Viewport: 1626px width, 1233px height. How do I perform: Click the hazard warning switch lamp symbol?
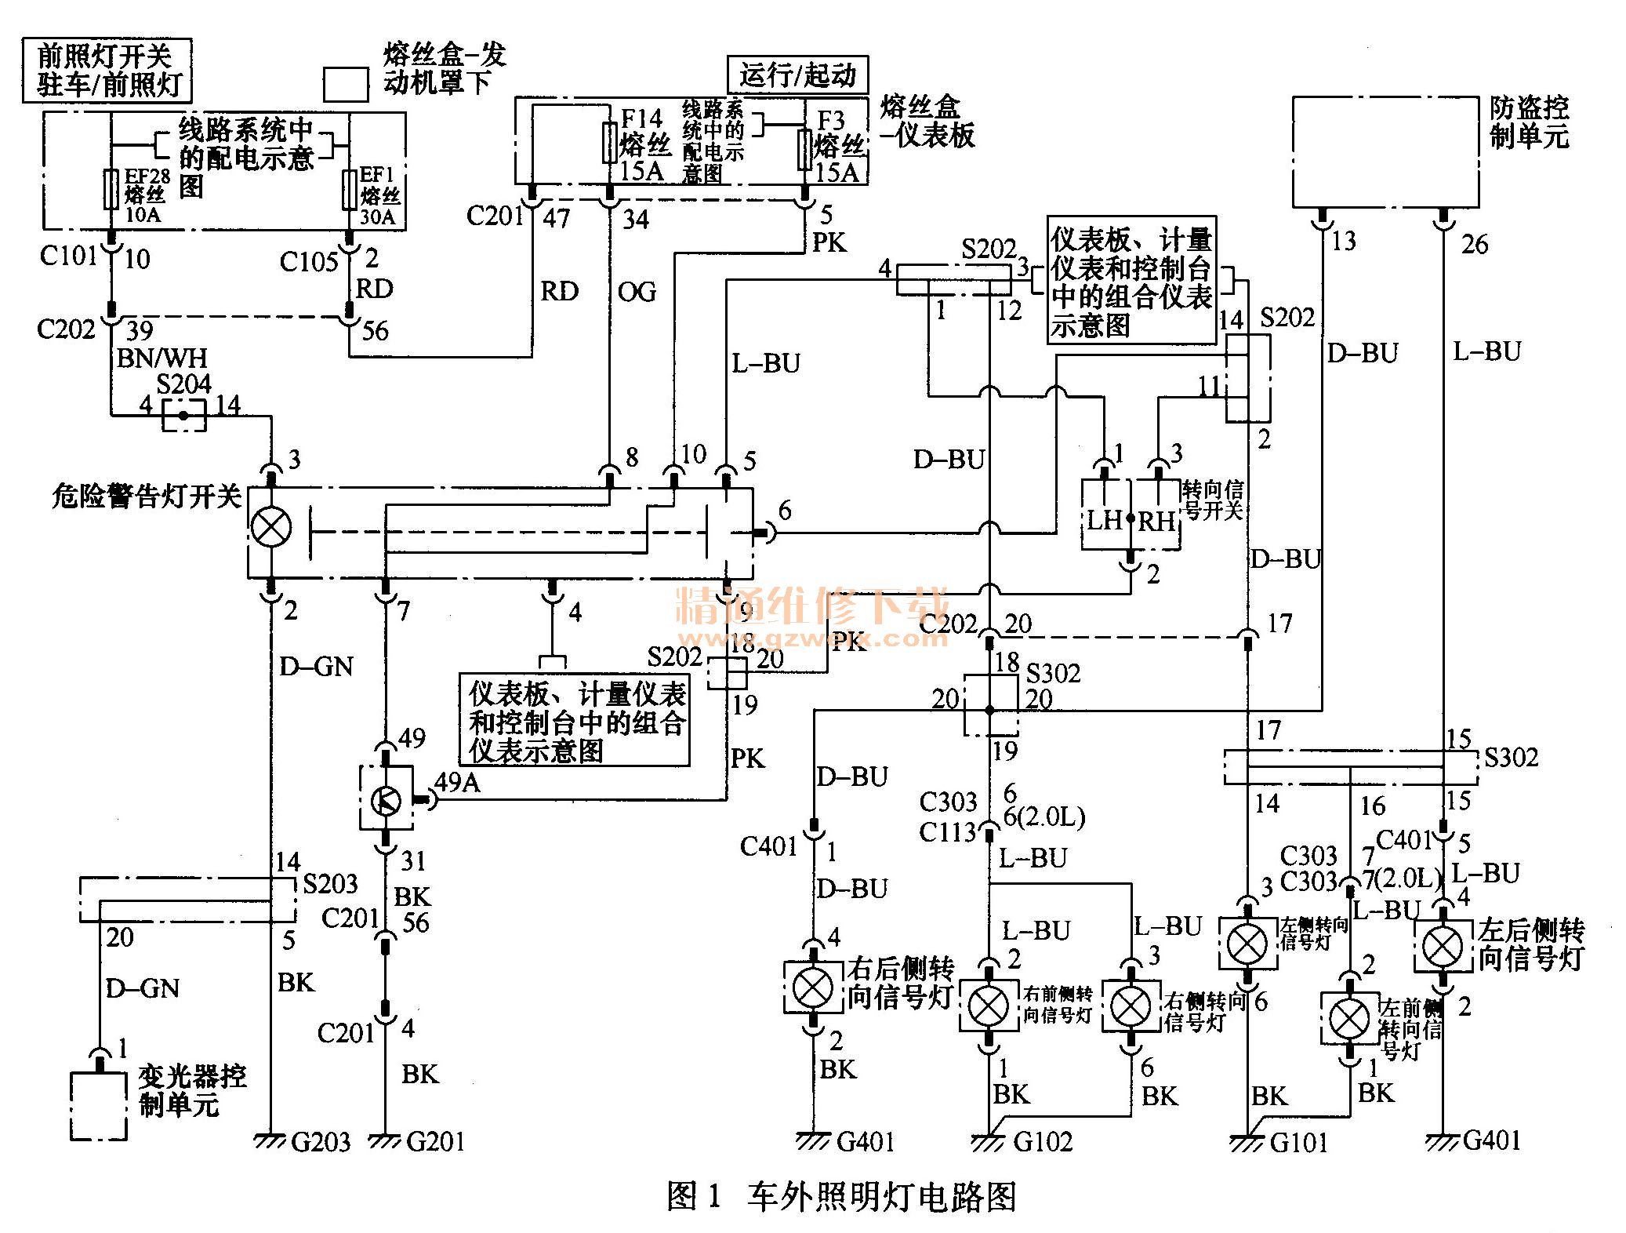[271, 527]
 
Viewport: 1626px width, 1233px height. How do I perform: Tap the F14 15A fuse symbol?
[610, 143]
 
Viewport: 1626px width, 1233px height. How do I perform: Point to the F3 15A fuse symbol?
[804, 150]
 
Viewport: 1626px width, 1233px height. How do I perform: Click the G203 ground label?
[321, 1141]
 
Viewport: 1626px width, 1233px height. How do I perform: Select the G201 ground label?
[436, 1141]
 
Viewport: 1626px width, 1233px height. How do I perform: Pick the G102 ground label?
[1043, 1141]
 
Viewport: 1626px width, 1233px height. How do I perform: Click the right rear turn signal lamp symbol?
[814, 987]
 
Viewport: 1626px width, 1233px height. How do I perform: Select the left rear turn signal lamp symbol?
[1442, 947]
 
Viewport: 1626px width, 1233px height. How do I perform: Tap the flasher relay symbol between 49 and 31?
[385, 801]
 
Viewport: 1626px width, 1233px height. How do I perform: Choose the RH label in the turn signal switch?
[1157, 520]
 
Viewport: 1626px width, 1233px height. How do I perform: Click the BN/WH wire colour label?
[162, 358]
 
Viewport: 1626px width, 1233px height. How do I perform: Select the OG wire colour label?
[637, 292]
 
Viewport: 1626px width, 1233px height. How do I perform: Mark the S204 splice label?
[183, 384]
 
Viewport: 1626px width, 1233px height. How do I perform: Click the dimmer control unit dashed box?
[99, 1105]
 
